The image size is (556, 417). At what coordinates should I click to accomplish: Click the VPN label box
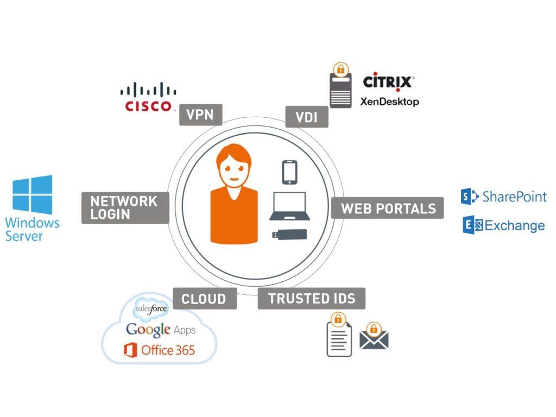coord(200,115)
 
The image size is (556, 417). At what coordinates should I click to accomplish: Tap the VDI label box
coord(307,117)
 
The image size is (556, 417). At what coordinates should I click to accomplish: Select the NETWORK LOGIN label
coord(125,207)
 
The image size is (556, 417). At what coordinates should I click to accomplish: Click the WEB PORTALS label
coord(388,208)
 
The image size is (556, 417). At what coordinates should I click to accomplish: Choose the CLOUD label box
coord(204,298)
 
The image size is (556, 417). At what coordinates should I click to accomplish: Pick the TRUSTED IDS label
coord(312,298)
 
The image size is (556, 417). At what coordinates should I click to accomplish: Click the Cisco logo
coord(148,98)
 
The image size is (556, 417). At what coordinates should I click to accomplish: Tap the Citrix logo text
coord(388,82)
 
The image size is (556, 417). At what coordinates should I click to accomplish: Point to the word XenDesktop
coord(389,101)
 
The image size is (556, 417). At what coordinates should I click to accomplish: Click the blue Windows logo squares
coord(33,194)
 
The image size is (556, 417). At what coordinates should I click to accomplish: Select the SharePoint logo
coord(503,196)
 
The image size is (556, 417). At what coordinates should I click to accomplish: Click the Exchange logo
coord(503,225)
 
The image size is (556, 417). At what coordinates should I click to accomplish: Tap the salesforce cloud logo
coord(152,309)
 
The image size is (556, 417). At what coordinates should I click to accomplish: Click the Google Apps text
coord(161,330)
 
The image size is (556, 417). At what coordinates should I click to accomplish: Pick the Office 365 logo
coord(160,350)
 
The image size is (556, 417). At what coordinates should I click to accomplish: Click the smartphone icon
coord(289,173)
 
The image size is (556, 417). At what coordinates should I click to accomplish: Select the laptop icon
coord(289,206)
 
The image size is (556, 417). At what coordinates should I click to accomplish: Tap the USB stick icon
coord(289,235)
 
